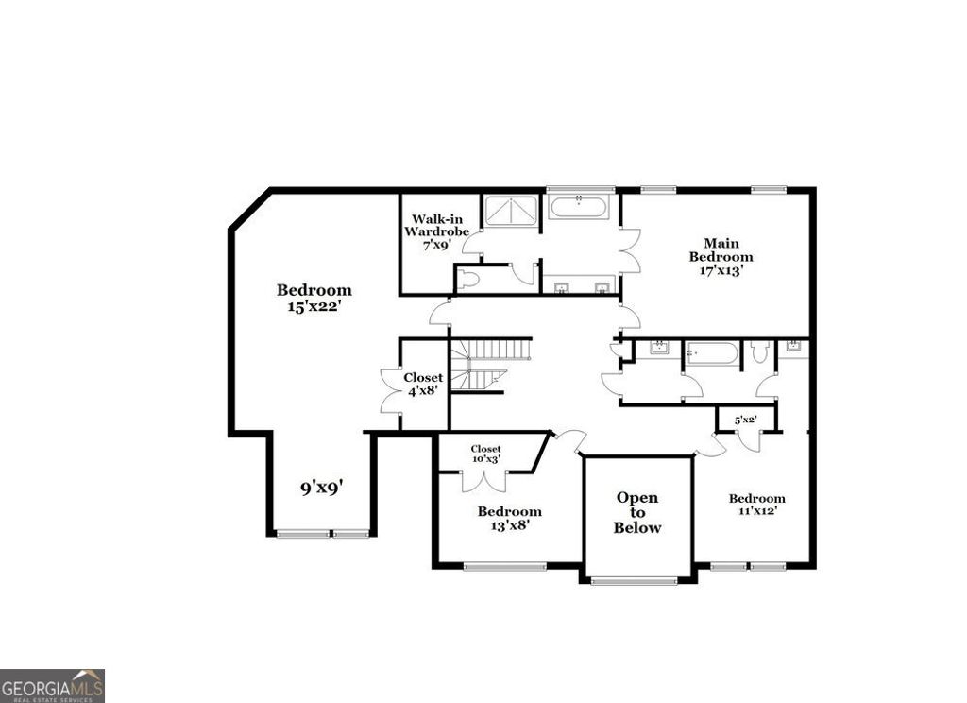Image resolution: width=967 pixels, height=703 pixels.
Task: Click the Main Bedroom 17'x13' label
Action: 721,257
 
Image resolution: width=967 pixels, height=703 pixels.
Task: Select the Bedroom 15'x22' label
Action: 314,298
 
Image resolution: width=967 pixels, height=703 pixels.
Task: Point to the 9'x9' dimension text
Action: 321,488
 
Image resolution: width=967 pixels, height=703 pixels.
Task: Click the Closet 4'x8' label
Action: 423,385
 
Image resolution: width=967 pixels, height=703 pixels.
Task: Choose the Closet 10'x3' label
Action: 485,454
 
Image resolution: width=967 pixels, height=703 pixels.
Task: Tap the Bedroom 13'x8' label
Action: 509,519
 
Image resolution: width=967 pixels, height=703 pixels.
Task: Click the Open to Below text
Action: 637,512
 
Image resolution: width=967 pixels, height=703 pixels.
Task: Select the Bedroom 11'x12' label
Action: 756,505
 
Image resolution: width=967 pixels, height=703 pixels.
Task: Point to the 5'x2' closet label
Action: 746,420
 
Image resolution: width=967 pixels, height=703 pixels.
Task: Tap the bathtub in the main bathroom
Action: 579,207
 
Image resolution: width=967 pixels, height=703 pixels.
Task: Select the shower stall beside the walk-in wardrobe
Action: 511,211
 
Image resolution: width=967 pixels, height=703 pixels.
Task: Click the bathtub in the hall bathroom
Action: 712,353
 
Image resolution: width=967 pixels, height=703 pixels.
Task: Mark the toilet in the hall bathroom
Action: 759,352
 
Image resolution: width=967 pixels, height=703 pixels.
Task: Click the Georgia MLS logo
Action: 52,685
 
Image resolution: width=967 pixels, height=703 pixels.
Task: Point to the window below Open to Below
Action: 635,581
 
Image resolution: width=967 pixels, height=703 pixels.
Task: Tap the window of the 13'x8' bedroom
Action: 504,567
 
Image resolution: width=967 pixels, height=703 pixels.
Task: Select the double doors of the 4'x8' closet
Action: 391,390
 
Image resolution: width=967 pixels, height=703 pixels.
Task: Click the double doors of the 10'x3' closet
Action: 483,480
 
